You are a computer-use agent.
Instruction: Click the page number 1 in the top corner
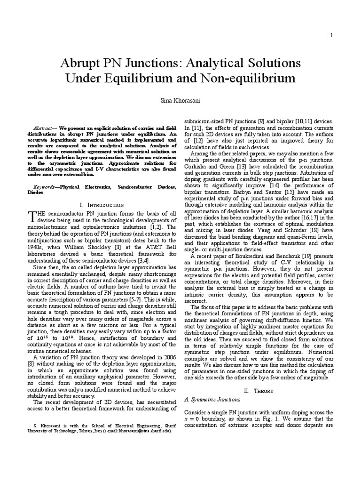(x=332, y=35)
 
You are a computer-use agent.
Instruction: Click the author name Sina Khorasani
(x=180, y=101)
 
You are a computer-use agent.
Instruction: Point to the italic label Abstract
(x=45, y=128)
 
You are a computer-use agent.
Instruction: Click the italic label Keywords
(x=46, y=187)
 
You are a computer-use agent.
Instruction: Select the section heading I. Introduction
(x=102, y=205)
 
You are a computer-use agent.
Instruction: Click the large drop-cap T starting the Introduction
(x=32, y=216)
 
